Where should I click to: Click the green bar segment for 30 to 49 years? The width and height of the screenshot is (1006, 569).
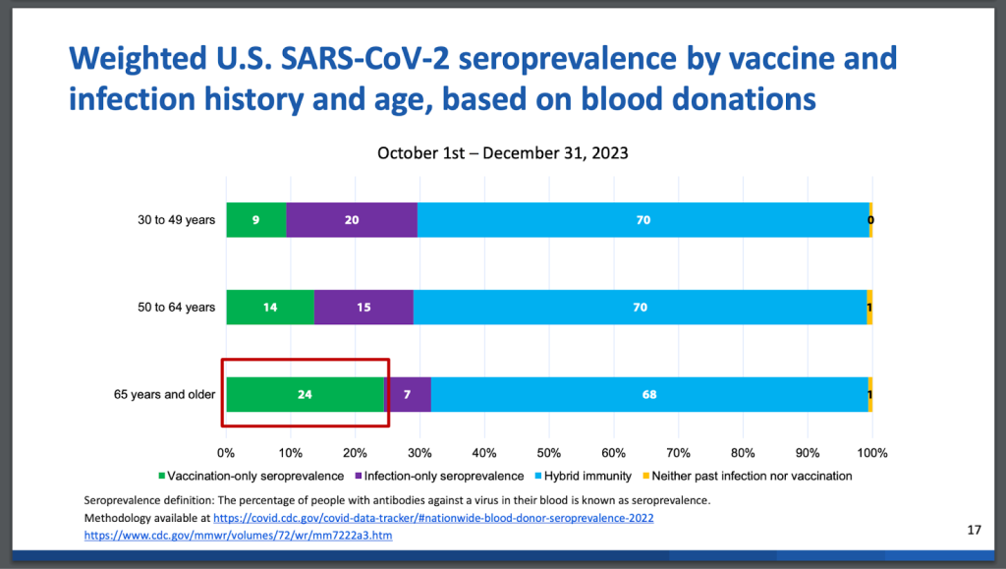tap(255, 220)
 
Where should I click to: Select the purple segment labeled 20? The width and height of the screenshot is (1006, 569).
tap(352, 220)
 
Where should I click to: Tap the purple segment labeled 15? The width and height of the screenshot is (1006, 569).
tap(363, 308)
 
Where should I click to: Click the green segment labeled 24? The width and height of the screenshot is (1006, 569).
tap(305, 395)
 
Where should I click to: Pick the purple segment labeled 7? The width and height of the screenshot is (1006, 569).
tap(408, 395)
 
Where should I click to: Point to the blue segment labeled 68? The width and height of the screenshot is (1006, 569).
tap(648, 395)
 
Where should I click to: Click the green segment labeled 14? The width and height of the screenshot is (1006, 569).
tap(270, 308)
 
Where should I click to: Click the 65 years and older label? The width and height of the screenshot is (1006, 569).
tap(164, 395)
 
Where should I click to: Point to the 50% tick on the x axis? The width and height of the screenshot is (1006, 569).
tap(549, 453)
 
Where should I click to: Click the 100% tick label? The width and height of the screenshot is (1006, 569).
tap(871, 453)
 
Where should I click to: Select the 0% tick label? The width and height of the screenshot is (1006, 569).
tap(227, 453)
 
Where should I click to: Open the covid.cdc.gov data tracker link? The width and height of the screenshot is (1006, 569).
tap(433, 518)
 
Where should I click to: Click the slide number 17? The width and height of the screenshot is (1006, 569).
tap(974, 531)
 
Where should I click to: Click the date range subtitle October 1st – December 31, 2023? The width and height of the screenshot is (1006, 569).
tap(502, 153)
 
